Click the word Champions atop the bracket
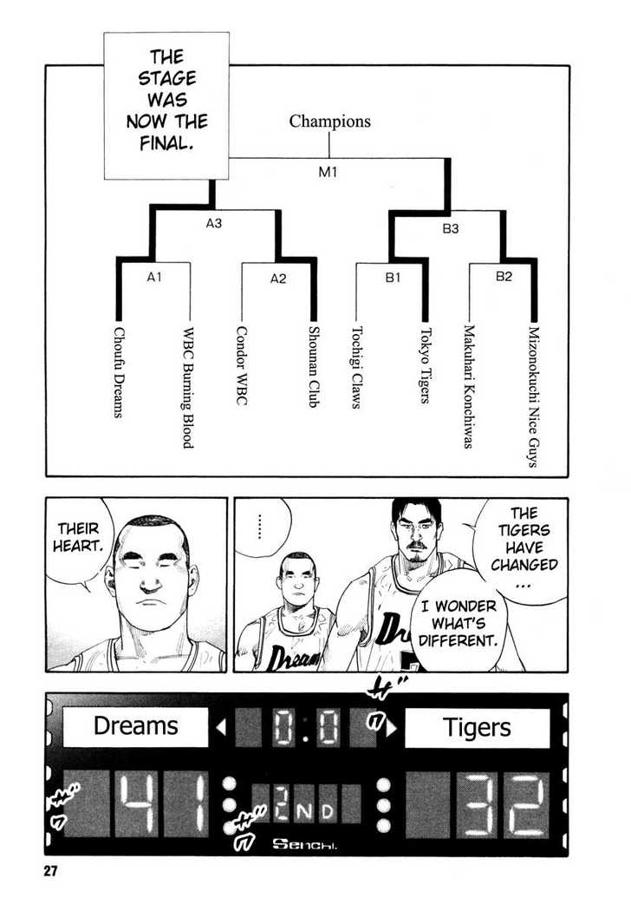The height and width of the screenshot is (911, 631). click(329, 121)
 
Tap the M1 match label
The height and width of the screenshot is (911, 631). click(328, 172)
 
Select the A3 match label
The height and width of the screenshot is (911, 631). click(213, 223)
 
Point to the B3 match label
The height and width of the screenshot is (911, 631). click(451, 228)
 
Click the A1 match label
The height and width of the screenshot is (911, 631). click(153, 278)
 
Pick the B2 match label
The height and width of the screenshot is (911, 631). click(504, 277)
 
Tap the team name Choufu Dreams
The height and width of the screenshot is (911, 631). click(119, 372)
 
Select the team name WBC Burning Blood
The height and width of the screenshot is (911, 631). click(188, 388)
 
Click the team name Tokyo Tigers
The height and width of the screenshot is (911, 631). click(426, 365)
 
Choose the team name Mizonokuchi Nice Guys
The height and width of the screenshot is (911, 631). click(534, 397)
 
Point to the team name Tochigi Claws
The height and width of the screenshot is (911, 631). click(356, 367)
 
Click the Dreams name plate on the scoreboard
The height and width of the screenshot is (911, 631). click(135, 726)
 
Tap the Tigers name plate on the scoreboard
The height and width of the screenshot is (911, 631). click(477, 727)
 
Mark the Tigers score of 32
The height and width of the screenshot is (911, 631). click(504, 804)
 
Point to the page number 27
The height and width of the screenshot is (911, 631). click(50, 871)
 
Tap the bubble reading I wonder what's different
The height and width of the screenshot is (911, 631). click(458, 623)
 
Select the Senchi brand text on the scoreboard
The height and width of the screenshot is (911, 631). click(304, 844)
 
